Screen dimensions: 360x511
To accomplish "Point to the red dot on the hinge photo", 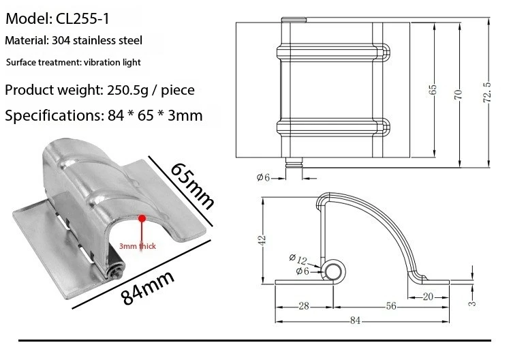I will coord(142,218).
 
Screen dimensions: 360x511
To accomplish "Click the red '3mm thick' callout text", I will coord(138,246).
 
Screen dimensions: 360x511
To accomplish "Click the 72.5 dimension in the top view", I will coord(486,91).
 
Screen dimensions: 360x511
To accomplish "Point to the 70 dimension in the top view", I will coord(459,94).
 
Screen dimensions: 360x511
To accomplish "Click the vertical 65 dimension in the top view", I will coord(433,91).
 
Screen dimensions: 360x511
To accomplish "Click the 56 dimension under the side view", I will coord(390,306).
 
